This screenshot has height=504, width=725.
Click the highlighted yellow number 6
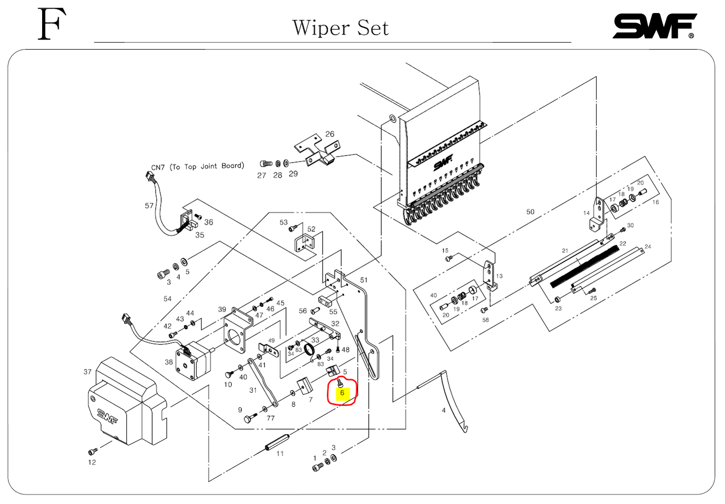[342, 393]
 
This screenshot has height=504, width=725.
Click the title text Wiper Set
[340, 28]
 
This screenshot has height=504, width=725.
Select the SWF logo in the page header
[654, 26]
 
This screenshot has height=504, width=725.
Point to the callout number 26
[330, 134]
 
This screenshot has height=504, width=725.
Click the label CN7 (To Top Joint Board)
[198, 166]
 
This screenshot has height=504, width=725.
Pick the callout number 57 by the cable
[149, 206]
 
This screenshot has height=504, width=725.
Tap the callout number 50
[530, 212]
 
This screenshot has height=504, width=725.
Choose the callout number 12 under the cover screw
[92, 462]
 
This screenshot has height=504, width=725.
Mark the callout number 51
[364, 280]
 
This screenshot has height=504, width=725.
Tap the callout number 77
[270, 418]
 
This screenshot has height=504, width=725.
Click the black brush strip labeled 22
[585, 266]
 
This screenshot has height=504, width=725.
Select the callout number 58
[485, 319]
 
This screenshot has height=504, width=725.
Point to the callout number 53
[283, 222]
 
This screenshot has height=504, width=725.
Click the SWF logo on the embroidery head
[443, 162]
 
